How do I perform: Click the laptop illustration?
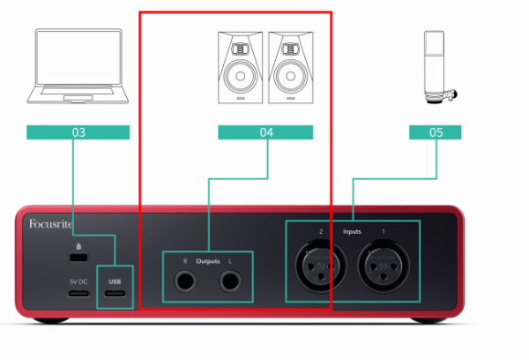tap(78, 66)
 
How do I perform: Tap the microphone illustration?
tap(438, 67)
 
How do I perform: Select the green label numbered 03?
tap(78, 132)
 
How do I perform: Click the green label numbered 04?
tap(265, 132)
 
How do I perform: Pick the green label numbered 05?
tap(436, 132)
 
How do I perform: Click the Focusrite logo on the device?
tap(50, 223)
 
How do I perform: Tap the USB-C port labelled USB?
tap(115, 293)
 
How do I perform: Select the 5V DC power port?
tap(79, 293)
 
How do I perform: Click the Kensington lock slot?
tap(78, 258)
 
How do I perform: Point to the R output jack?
tap(185, 281)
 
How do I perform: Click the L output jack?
tap(230, 281)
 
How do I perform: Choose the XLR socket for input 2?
tap(321, 266)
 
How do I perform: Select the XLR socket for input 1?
tap(384, 266)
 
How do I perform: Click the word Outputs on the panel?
tap(208, 261)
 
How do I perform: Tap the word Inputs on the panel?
tap(352, 232)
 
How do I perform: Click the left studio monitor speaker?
tap(240, 68)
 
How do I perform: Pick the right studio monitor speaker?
tap(291, 68)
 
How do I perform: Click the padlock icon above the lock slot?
tap(78, 246)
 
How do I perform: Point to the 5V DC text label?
tap(78, 281)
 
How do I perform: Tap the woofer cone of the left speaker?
tap(240, 76)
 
